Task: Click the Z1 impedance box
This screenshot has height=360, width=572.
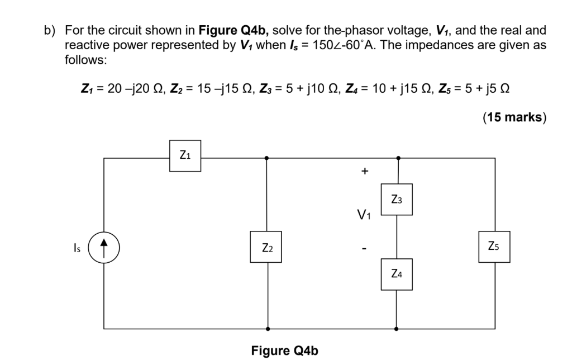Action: (x=185, y=156)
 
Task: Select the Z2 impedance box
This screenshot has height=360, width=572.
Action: (x=266, y=247)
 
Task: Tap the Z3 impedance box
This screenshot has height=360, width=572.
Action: (x=397, y=200)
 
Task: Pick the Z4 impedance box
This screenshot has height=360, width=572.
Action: (x=397, y=274)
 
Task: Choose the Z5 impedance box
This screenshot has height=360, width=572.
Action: (x=494, y=247)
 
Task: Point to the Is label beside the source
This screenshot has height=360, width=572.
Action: (x=77, y=248)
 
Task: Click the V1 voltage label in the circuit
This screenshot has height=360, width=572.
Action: (x=364, y=214)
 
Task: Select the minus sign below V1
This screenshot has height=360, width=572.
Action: (x=364, y=247)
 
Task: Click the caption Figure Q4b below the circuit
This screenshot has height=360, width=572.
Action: (x=284, y=350)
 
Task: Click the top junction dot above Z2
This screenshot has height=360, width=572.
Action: (x=267, y=158)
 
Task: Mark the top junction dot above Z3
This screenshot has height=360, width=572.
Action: (x=397, y=158)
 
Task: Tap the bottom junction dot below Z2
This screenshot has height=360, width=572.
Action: (x=267, y=329)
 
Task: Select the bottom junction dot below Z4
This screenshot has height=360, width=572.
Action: (x=397, y=329)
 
